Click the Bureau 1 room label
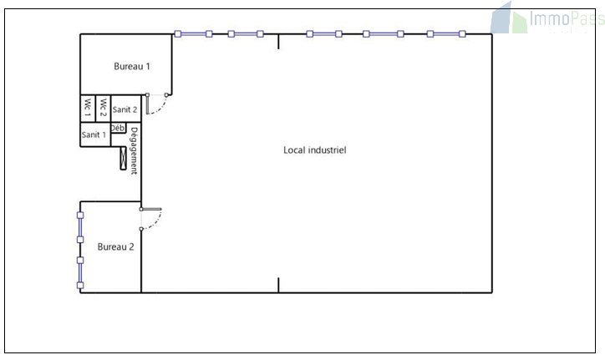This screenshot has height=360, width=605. tap(131, 66)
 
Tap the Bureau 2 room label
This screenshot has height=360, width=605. tap(116, 246)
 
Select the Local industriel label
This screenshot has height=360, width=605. tap(315, 150)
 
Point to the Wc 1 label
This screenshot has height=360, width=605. tap(88, 108)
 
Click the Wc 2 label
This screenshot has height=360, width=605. tap(103, 108)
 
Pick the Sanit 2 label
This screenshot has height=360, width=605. tap(125, 109)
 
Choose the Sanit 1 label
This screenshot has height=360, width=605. tap(94, 134)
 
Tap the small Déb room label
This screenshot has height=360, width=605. tap(118, 128)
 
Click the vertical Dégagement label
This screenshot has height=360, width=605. tap(134, 151)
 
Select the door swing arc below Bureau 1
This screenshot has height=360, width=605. tap(157, 104)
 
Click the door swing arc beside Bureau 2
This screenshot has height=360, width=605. tap(151, 219)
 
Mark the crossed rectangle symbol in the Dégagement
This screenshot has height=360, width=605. tap(123, 158)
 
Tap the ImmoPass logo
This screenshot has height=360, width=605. tap(547, 18)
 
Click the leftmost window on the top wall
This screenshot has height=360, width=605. tap(193, 34)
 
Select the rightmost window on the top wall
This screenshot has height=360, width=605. tap(446, 34)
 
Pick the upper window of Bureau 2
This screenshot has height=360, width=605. tap(80, 228)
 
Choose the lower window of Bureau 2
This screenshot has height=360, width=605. tap(80, 273)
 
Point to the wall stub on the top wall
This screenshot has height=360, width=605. tap(278, 41)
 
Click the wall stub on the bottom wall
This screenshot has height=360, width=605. tap(278, 285)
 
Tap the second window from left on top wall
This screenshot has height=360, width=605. tap(246, 34)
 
